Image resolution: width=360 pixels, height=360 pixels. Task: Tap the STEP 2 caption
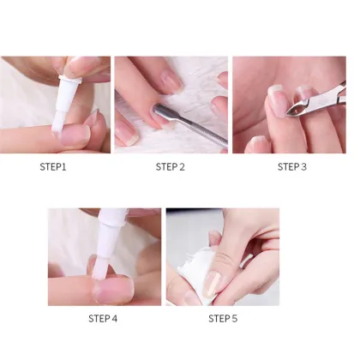tap(170, 166)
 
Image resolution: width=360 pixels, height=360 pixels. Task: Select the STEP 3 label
tap(291, 166)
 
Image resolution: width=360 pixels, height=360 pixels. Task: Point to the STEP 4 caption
tap(103, 318)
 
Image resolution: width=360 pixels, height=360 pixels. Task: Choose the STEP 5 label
tap(223, 318)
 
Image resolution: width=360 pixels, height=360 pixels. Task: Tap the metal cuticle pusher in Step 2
tap(193, 124)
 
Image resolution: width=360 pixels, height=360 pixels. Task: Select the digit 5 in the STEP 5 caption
tap(235, 318)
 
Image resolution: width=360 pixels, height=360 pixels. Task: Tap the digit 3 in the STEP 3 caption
tap(303, 166)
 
